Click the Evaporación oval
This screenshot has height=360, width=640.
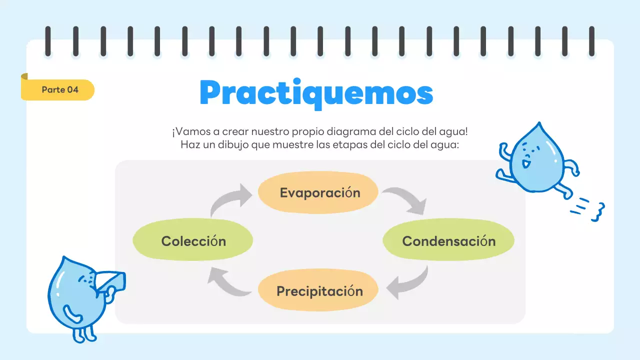pyautogui.click(x=318, y=193)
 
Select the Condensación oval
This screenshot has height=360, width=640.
pyautogui.click(x=448, y=241)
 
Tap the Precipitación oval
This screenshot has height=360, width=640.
pyautogui.click(x=318, y=291)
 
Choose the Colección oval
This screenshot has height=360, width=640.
pyautogui.click(x=193, y=241)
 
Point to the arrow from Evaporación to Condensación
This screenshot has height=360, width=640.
pyautogui.click(x=406, y=199)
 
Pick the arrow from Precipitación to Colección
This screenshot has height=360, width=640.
pyautogui.click(x=228, y=283)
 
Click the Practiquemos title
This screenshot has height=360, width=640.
pyautogui.click(x=316, y=93)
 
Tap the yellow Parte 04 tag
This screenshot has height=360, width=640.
pyautogui.click(x=59, y=90)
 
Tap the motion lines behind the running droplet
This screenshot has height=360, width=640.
pyautogui.click(x=589, y=209)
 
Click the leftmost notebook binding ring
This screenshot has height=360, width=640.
pyautogui.click(x=48, y=41)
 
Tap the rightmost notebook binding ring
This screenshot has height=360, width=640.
pyautogui.click(x=592, y=41)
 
